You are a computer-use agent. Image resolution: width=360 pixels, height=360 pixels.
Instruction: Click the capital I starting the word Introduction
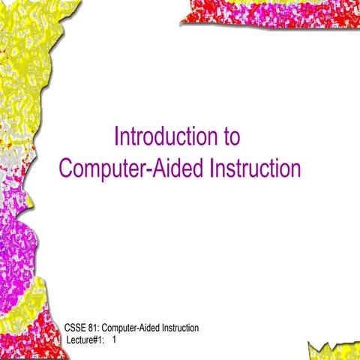coord(116,137)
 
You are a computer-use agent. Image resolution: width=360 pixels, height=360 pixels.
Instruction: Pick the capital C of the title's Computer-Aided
coord(66,167)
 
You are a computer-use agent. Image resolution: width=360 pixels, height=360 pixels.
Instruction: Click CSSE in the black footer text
coord(76,328)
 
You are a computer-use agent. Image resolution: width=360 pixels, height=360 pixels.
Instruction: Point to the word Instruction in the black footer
coord(179,328)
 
